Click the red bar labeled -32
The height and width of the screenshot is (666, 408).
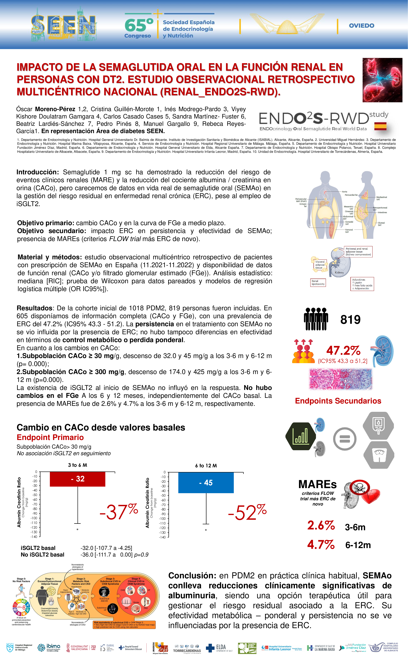[x=78, y=479]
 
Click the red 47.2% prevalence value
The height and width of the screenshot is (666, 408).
[x=343, y=351]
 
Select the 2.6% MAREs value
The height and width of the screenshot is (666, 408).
[x=321, y=525]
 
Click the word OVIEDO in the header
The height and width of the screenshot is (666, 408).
[x=361, y=26]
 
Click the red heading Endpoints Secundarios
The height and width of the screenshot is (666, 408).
[x=338, y=401]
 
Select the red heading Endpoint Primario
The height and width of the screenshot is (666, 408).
[x=50, y=437]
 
